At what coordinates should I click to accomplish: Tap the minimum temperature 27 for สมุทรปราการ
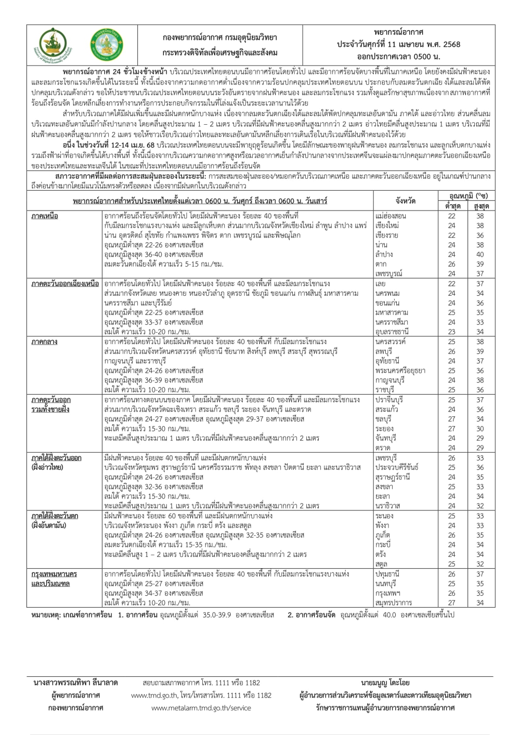(452, 602)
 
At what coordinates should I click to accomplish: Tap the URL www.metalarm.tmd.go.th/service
(201, 707)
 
